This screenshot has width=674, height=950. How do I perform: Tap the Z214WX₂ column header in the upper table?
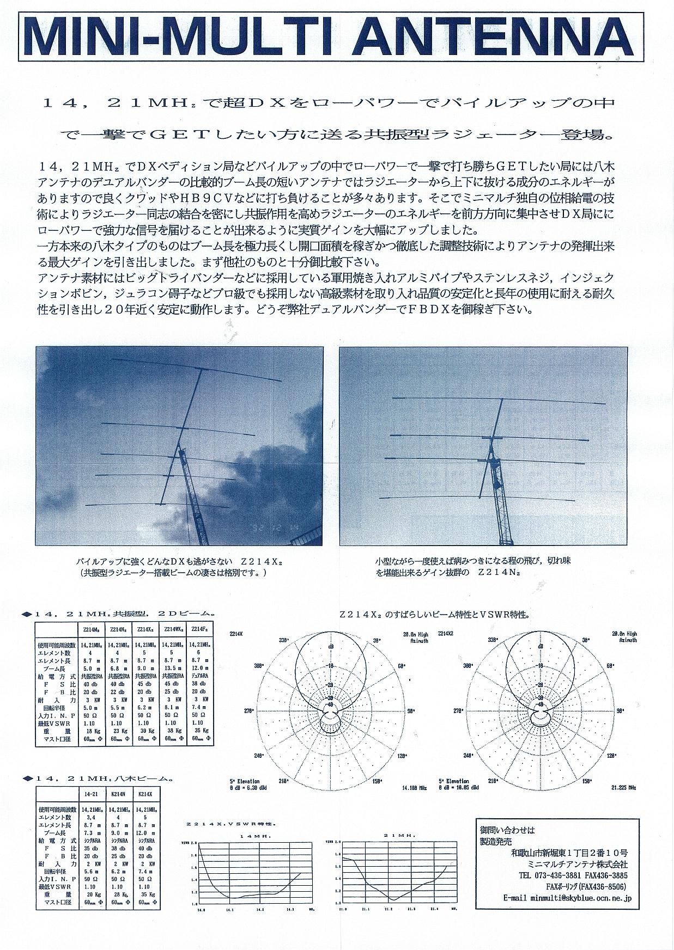(x=173, y=629)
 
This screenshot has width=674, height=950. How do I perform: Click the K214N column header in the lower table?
(x=119, y=794)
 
